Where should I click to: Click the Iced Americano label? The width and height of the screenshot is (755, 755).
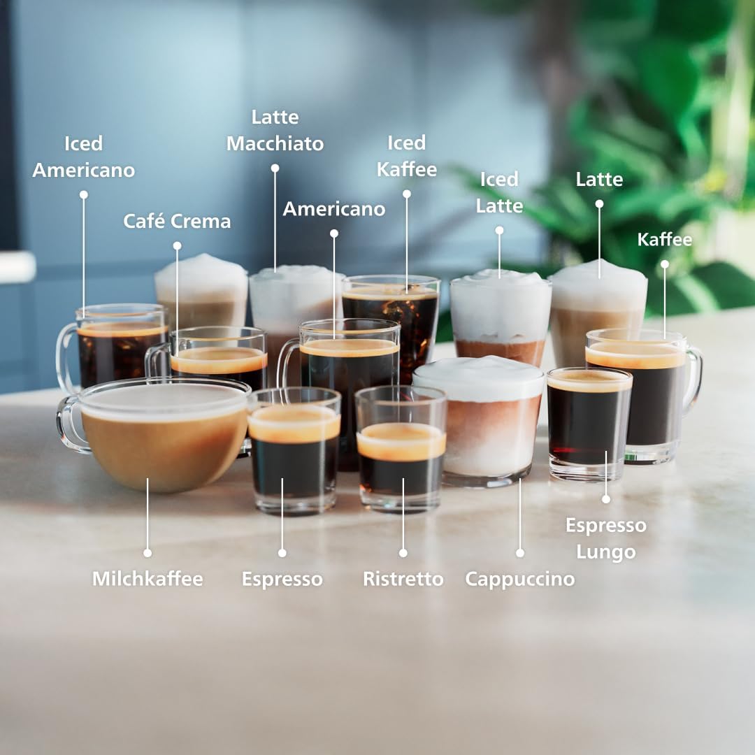point(83,157)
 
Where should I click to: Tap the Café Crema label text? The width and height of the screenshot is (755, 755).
point(177,222)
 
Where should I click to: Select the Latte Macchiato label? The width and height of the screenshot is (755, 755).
point(275,130)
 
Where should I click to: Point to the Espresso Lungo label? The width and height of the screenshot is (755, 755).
point(605,538)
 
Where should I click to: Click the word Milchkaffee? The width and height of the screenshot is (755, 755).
point(148,579)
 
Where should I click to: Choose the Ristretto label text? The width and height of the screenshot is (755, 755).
point(403,579)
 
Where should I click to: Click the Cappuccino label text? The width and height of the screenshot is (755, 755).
point(519,579)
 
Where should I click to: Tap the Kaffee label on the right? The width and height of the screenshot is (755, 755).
point(664,240)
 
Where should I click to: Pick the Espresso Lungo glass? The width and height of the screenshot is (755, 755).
point(589,426)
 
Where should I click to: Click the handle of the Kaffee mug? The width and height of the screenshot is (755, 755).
point(694,381)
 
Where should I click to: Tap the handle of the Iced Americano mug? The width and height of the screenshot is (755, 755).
point(66,357)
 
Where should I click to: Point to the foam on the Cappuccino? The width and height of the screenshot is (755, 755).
point(479,377)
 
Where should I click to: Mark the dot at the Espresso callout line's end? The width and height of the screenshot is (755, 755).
point(282,552)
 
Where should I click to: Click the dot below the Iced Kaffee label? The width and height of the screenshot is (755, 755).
point(406,194)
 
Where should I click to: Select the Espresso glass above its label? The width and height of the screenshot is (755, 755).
point(294,454)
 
